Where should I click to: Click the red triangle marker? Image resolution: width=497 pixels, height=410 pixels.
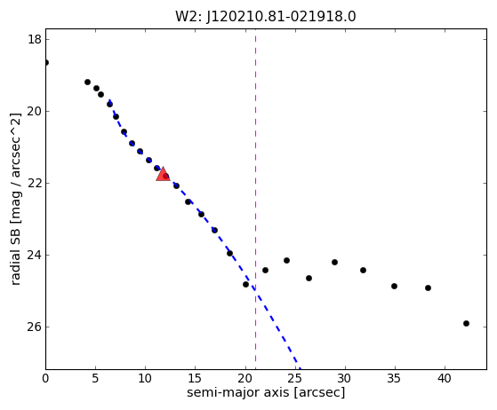[163, 174]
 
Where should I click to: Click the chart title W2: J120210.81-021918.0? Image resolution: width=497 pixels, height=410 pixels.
[266, 17]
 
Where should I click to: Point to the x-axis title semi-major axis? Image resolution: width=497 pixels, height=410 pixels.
[238, 392]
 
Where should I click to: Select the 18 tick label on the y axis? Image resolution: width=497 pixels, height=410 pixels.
[35, 40]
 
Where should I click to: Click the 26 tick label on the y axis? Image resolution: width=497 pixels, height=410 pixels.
[35, 327]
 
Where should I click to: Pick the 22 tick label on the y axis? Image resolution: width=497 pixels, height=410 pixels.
[35, 183]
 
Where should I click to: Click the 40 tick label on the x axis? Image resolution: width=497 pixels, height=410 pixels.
[445, 378]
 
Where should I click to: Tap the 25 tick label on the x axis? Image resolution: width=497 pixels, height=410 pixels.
[295, 378]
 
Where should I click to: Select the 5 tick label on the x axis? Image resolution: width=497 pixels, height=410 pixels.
[95, 378]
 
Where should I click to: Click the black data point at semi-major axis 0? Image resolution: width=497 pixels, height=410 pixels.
[46, 63]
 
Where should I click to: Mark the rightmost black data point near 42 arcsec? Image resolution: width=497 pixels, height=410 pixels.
[466, 323]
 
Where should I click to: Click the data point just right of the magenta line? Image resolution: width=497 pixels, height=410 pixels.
[265, 270]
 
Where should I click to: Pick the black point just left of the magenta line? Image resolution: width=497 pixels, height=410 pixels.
[245, 284]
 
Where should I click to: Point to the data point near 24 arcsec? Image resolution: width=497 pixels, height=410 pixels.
[286, 260]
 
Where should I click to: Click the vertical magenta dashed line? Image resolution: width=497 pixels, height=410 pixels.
[255, 199]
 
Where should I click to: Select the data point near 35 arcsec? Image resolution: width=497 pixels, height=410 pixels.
[394, 286]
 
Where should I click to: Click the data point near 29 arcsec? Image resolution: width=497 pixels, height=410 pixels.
[334, 262]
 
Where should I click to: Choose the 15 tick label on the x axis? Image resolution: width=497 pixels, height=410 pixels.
[196, 378]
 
